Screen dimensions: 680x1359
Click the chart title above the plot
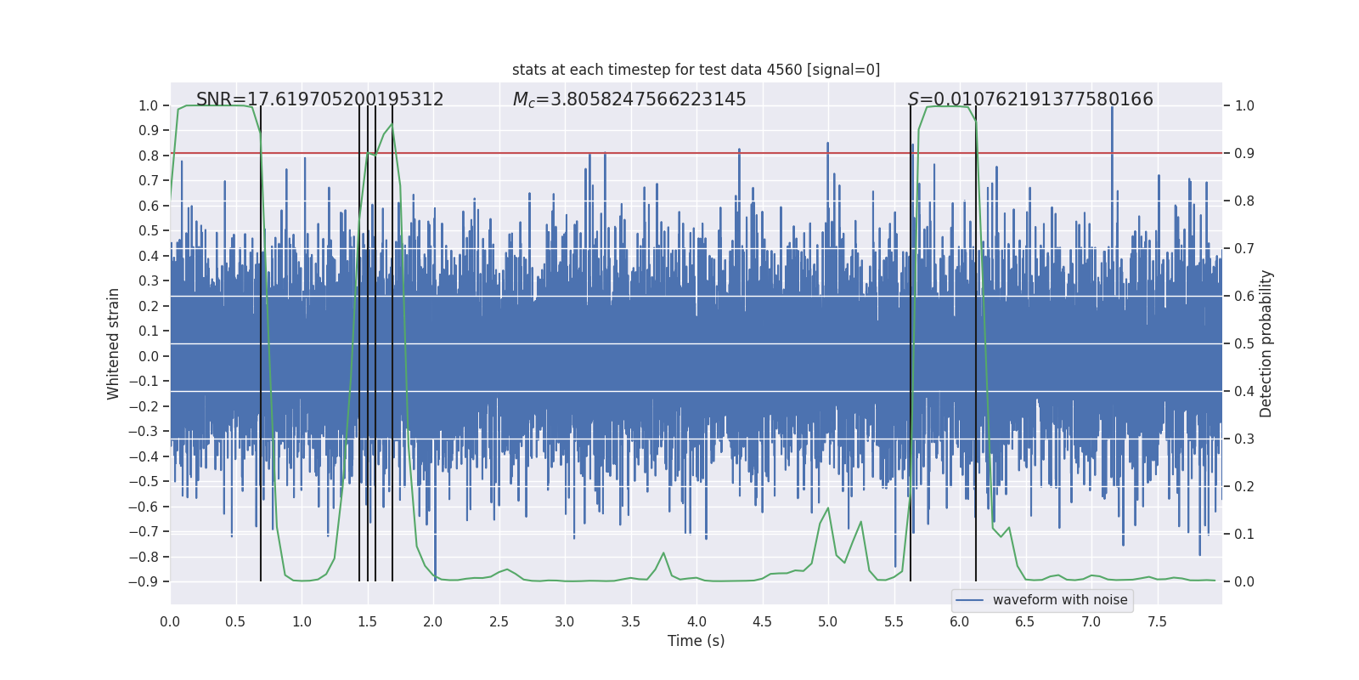pos(696,70)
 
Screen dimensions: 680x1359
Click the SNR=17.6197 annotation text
pos(319,99)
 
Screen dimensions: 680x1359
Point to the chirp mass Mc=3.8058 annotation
pos(629,99)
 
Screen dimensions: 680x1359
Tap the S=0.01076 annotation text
pos(1029,99)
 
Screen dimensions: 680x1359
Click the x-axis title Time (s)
pos(696,641)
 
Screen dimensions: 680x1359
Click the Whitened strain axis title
pos(114,343)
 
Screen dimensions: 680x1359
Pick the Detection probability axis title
pos(1266,343)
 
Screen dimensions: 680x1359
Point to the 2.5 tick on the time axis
pos(499,622)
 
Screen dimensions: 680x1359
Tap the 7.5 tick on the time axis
pos(1157,622)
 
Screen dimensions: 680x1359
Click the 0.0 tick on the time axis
pos(170,622)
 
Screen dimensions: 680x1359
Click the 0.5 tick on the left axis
pos(149,231)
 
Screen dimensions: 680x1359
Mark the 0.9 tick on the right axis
pos(1244,154)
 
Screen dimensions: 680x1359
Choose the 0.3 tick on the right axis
pos(1244,439)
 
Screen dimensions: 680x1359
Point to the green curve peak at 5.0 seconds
pos(828,509)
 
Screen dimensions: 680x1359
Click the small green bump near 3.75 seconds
pos(663,554)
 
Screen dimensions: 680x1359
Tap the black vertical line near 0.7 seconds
pos(261,340)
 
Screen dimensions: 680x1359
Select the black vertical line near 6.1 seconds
pos(976,340)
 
